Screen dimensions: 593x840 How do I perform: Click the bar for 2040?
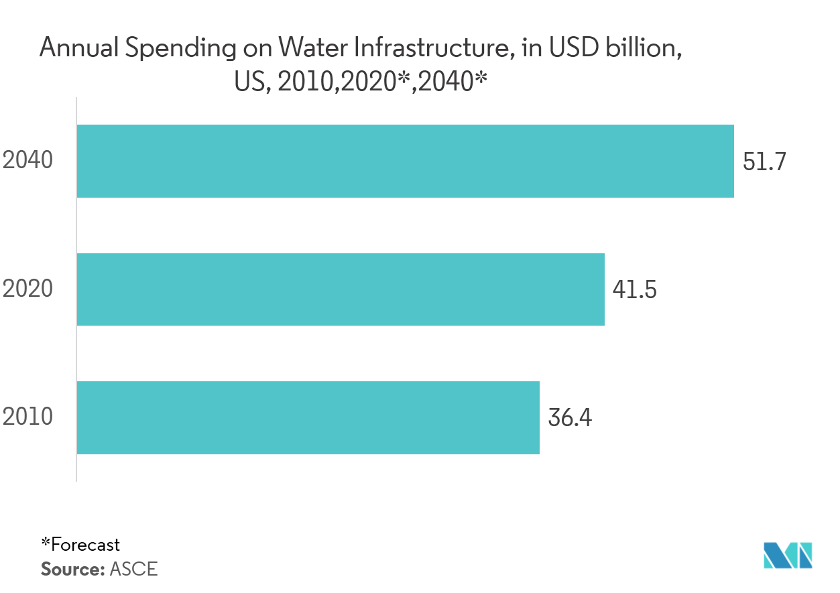[x=405, y=161]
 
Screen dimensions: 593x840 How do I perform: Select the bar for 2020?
[x=341, y=289]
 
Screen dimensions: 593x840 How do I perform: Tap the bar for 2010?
[x=308, y=417]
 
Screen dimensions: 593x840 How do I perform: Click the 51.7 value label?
[x=764, y=161]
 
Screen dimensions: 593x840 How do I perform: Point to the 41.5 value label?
[x=634, y=289]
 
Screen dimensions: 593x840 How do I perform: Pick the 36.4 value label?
[x=570, y=418]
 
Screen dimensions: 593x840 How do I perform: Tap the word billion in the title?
[x=642, y=48]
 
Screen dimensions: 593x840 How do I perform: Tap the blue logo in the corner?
[x=788, y=555]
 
